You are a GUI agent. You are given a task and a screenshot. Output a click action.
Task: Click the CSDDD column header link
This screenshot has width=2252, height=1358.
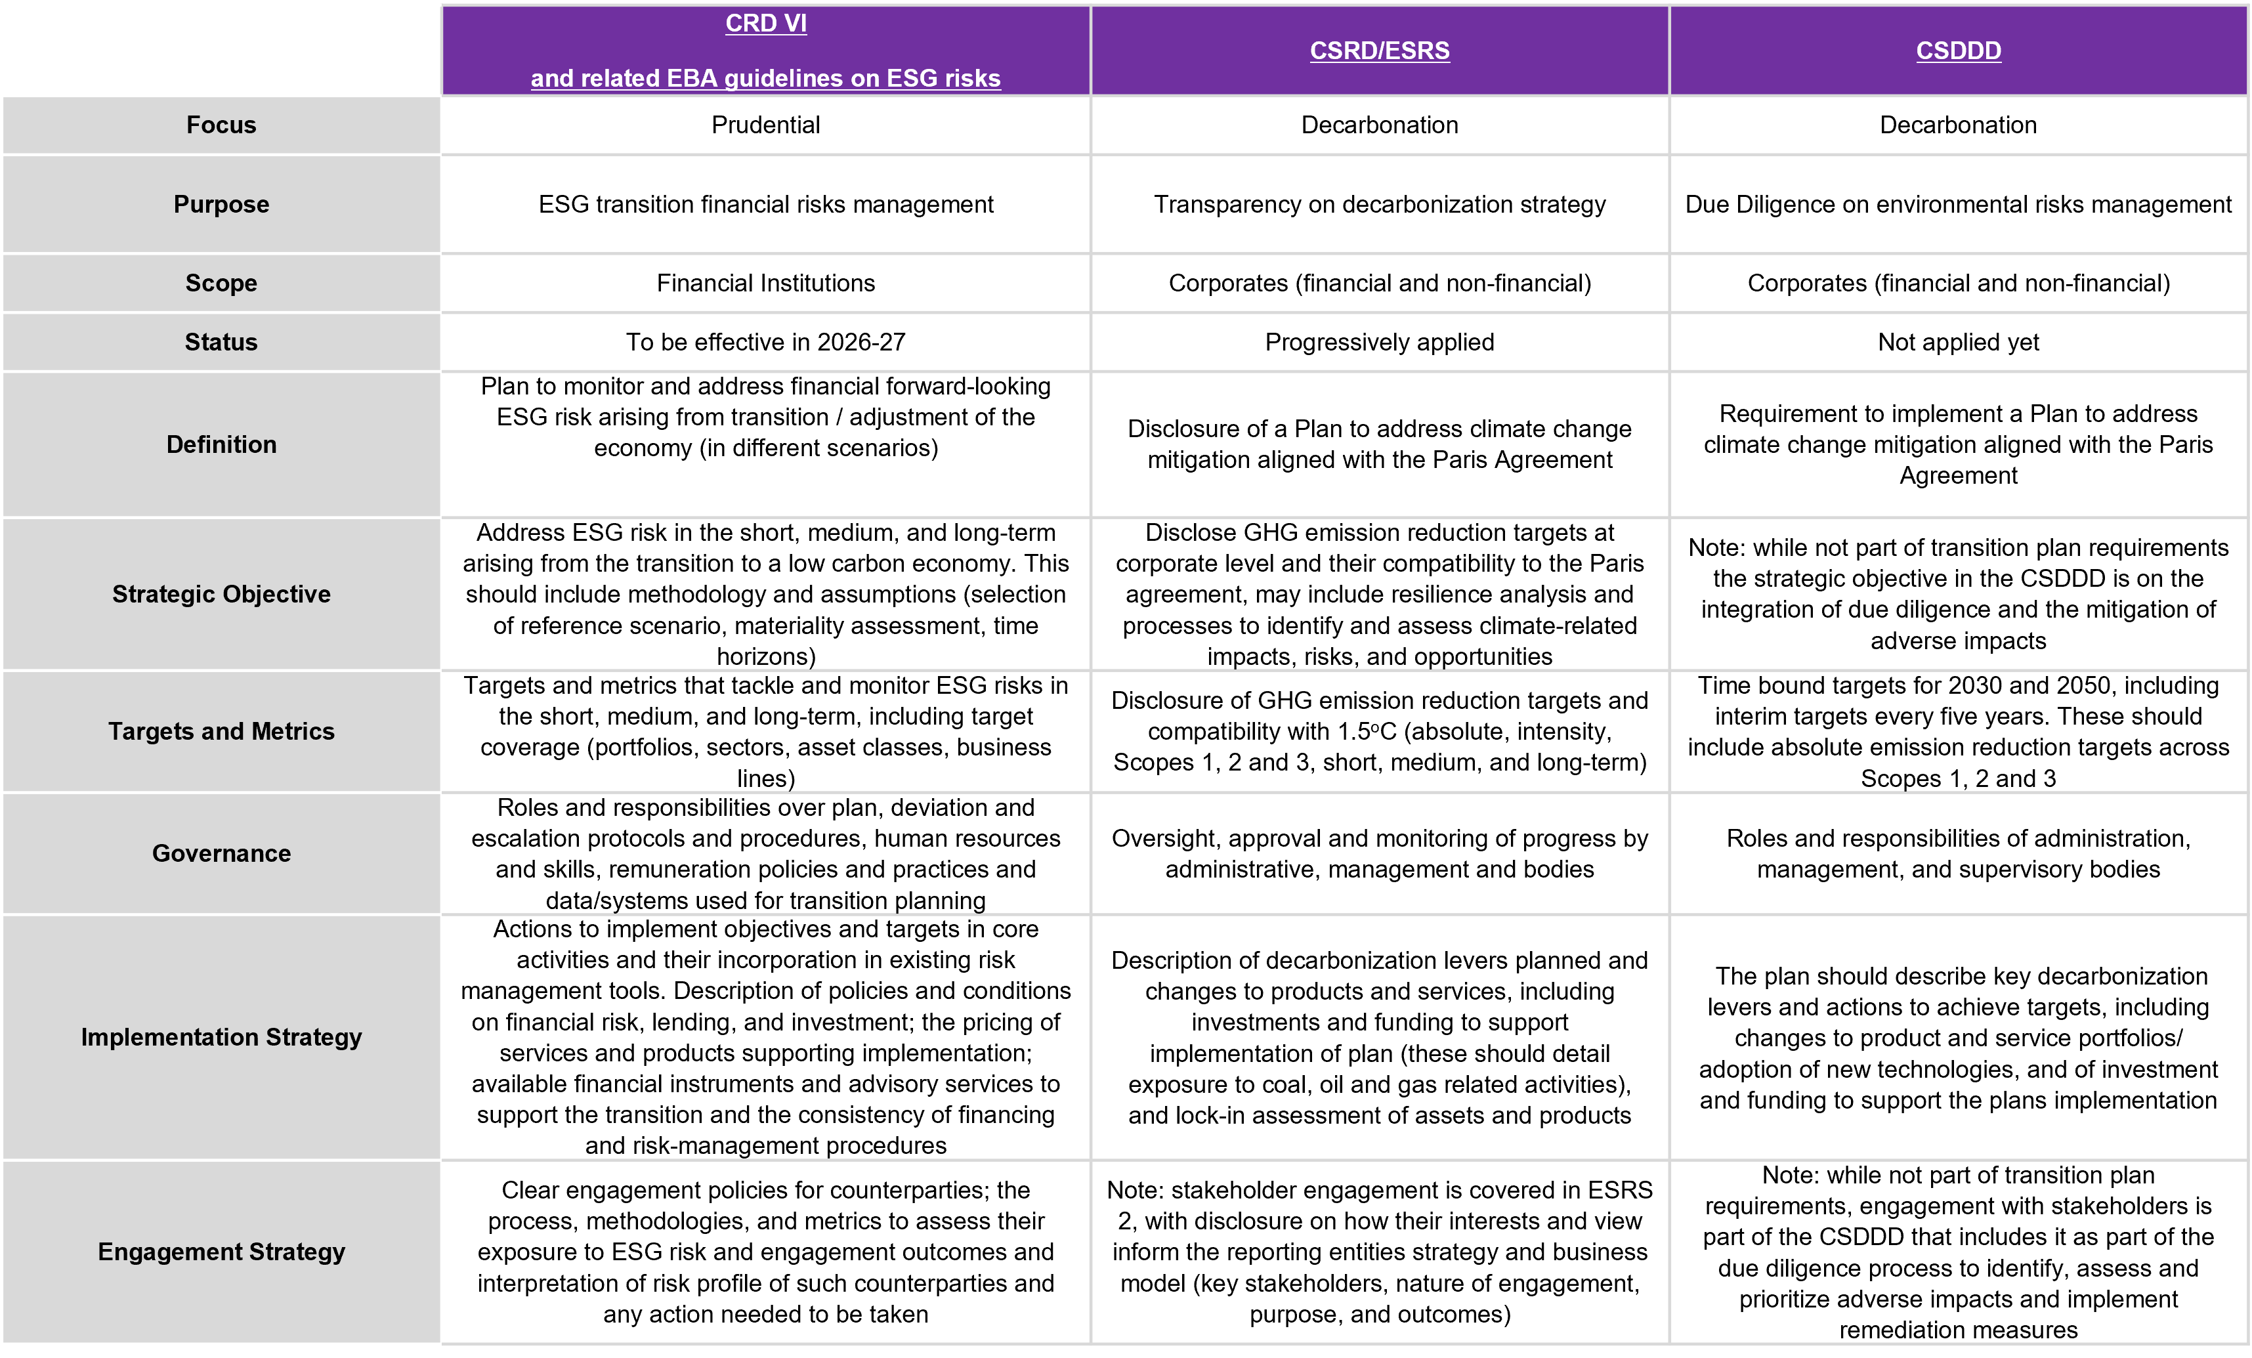coord(1958,51)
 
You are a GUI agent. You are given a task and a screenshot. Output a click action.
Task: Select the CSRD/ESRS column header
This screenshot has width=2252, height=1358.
coord(1379,51)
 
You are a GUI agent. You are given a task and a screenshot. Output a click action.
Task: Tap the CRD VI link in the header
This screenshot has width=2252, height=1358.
coord(766,23)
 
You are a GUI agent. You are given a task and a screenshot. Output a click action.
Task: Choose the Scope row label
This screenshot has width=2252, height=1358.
coord(221,284)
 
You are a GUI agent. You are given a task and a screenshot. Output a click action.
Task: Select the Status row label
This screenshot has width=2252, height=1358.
coord(221,342)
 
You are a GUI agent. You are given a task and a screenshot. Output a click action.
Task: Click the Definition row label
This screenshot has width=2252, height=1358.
coord(221,444)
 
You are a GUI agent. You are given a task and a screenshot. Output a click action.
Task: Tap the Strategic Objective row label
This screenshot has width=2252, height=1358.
coord(221,594)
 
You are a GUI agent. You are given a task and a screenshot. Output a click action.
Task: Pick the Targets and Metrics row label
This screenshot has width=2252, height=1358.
coord(221,731)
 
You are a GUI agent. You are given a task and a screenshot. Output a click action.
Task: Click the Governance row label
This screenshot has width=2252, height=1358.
coord(221,853)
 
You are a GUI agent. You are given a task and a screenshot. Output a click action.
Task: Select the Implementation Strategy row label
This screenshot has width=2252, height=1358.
coord(221,1037)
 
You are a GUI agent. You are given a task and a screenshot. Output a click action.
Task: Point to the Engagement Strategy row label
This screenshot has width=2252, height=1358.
coord(221,1251)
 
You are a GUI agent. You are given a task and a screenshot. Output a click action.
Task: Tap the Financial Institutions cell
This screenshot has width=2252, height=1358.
coord(766,284)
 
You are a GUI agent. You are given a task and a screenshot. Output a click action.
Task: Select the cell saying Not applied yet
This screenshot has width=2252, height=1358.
coord(1958,342)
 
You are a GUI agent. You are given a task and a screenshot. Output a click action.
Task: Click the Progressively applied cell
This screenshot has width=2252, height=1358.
coord(1379,342)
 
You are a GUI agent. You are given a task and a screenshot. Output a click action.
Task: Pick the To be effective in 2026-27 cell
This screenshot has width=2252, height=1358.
coord(766,342)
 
